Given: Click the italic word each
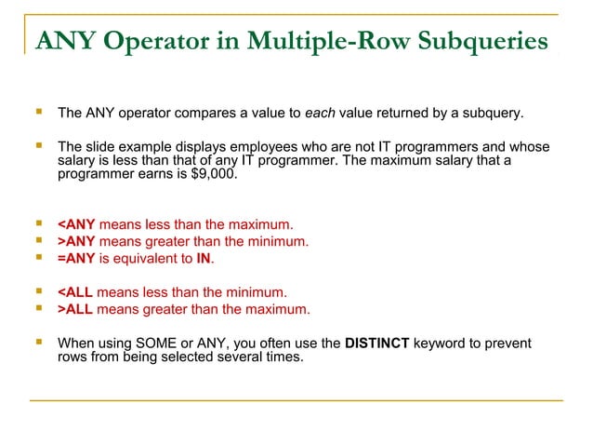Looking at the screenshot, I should [321, 115].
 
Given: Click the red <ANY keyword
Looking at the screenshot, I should [76, 224].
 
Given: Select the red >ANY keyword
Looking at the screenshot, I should [76, 241].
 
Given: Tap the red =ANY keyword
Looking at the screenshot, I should [76, 258].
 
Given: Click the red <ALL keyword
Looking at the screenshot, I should [75, 292].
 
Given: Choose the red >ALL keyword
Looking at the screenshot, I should [75, 309].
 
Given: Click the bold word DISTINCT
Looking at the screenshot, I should [376, 344].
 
